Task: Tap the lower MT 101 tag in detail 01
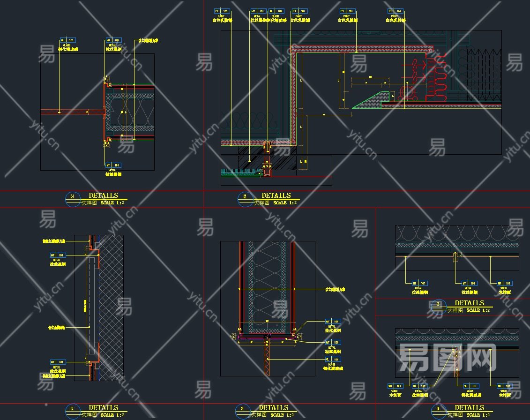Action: point(113,165)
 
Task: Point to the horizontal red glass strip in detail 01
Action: point(73,112)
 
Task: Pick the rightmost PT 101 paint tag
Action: point(396,11)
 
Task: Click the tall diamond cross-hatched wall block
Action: point(112,307)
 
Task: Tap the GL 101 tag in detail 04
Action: point(333,359)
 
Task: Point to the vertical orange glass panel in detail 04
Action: point(267,356)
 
